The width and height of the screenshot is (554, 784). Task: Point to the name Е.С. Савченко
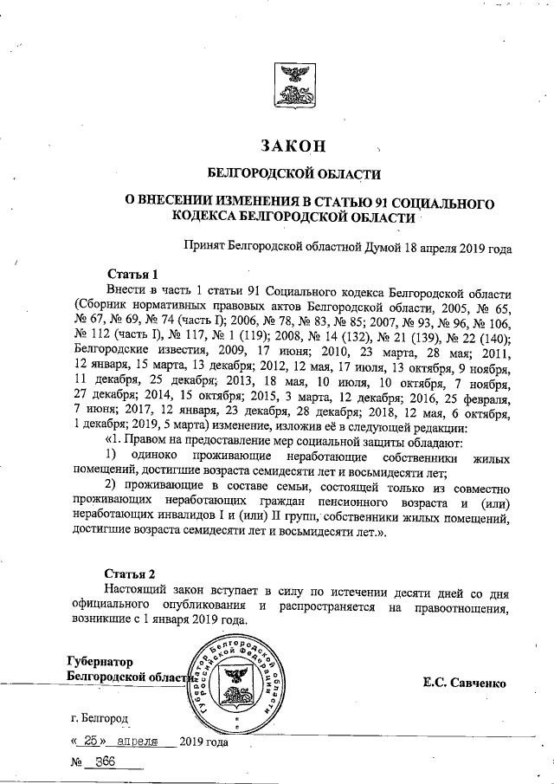pyautogui.click(x=463, y=683)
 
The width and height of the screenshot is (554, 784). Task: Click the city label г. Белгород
pyautogui.click(x=100, y=719)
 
